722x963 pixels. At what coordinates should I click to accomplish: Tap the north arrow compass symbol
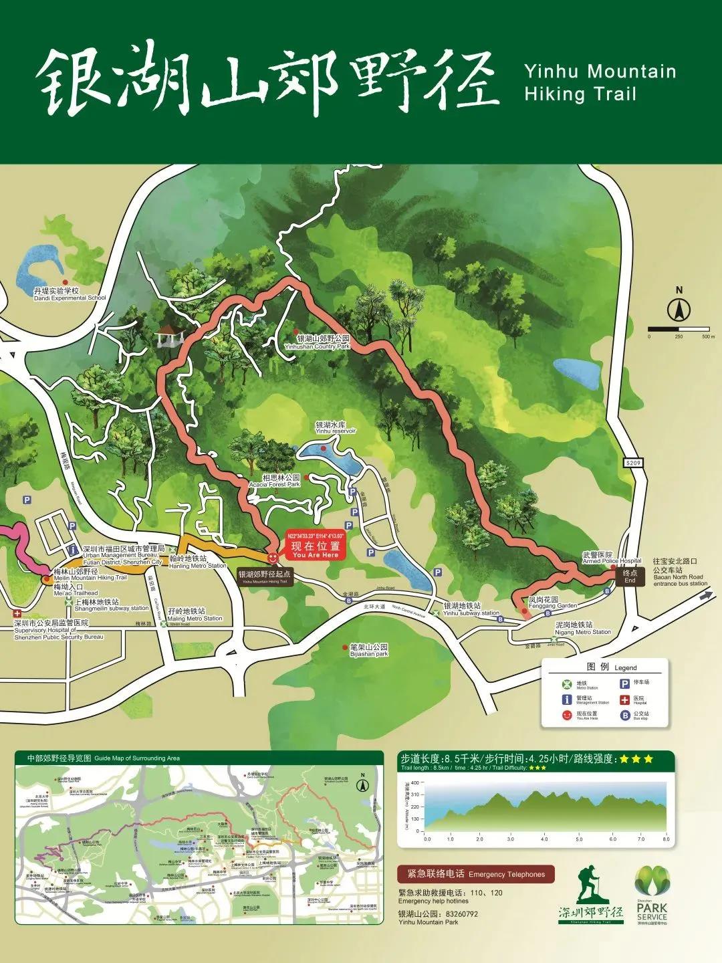pos(679,310)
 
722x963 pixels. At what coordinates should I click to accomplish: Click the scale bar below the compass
pos(679,329)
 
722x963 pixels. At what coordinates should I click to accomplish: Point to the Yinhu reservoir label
pos(336,428)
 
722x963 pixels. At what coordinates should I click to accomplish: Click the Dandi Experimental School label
pos(70,295)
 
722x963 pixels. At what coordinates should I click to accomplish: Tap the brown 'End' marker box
pos(630,576)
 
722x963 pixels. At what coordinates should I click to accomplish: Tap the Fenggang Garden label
pos(552,603)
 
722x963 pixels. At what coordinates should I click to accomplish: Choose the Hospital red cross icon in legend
pos(625,700)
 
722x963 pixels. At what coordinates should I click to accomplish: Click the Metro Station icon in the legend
pos(568,684)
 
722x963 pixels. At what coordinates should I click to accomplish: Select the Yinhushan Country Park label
pos(323,342)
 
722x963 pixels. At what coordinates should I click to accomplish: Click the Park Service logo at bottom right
pos(651,893)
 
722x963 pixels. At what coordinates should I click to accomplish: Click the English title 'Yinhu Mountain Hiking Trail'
pos(600,82)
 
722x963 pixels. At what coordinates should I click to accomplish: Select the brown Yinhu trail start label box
pos(265,577)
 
